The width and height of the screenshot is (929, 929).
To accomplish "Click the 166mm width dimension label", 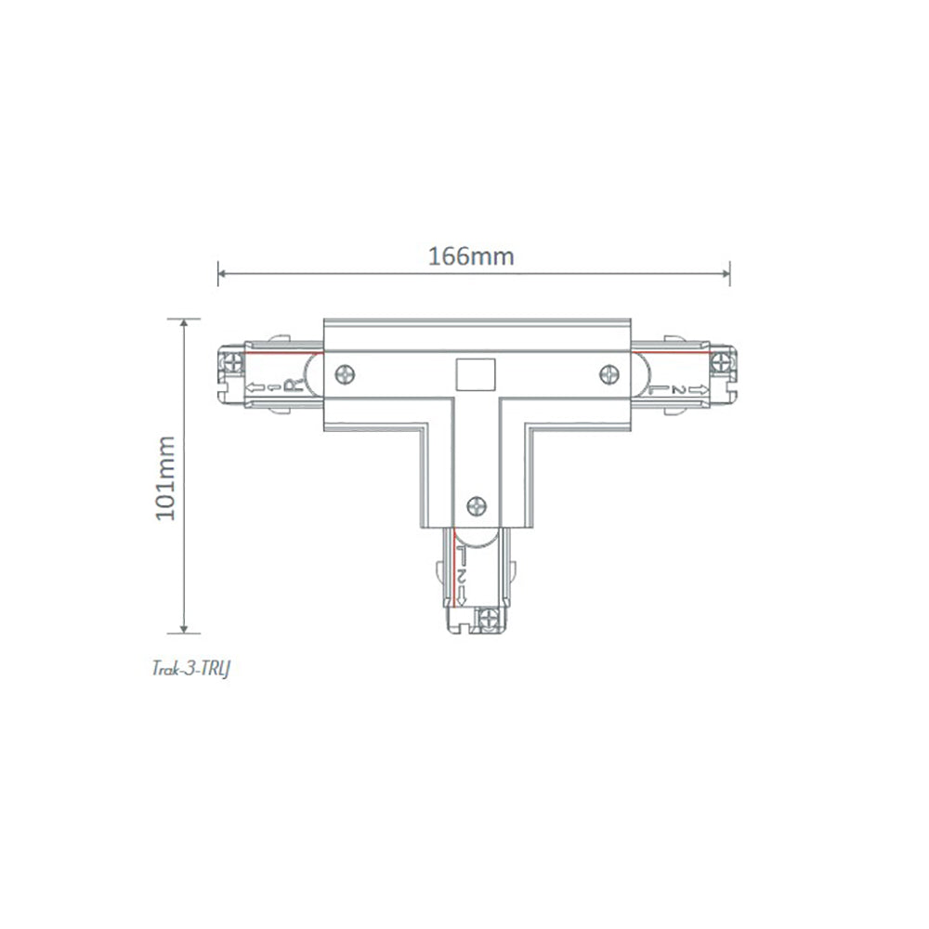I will click(471, 256).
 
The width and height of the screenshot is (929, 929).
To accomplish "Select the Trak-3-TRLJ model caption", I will click(190, 669).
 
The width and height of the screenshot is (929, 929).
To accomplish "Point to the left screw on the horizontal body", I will click(345, 374).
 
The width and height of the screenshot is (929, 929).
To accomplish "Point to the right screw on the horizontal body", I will click(608, 373).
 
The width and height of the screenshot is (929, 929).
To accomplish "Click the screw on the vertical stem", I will click(477, 506).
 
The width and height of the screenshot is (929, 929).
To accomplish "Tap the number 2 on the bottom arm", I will click(462, 578).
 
